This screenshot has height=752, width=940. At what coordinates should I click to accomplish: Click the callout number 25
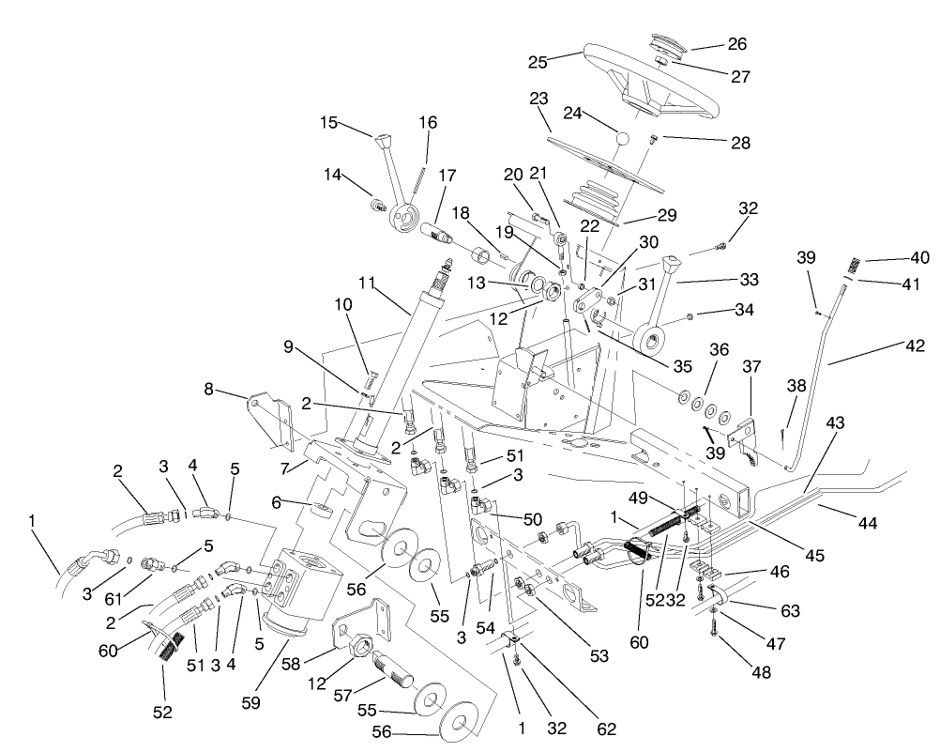pos(538,62)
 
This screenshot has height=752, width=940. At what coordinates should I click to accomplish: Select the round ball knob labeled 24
pos(622,139)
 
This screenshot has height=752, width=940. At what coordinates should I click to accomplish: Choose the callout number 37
pos(751,364)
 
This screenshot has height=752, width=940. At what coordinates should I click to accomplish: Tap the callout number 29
pos(665,215)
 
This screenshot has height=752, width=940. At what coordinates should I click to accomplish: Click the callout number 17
pos(446,175)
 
